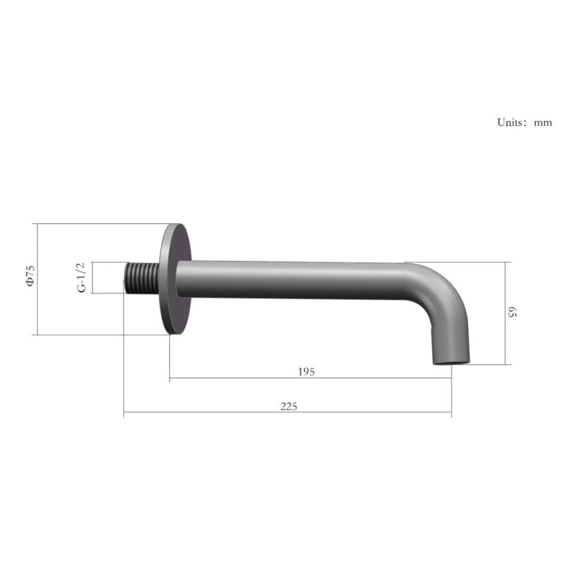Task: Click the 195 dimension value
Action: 306,372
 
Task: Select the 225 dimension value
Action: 288,406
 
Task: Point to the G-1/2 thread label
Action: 81,278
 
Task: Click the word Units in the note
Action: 512,122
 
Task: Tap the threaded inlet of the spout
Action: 140,278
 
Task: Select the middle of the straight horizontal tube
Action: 292,280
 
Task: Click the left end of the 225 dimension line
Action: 124,412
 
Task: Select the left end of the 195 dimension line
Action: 170,378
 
